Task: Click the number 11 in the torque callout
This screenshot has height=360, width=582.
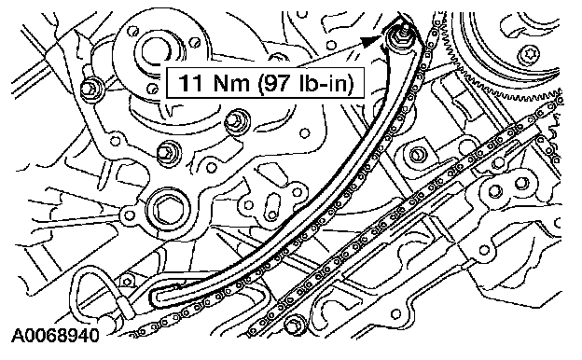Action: pos(190,83)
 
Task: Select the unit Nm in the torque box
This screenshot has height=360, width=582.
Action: pos(231,83)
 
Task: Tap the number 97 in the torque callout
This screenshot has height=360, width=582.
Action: pos(277,83)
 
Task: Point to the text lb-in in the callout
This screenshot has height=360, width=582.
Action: pos(323,83)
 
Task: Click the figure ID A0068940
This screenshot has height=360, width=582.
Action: pos(56,336)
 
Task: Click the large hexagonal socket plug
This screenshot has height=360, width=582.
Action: pos(164,211)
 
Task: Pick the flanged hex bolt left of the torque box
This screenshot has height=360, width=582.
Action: pos(90,90)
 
